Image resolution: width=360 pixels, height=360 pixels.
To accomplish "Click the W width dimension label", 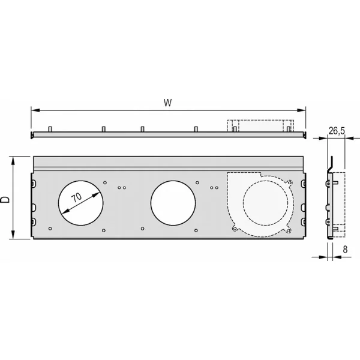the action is pyautogui.click(x=167, y=103).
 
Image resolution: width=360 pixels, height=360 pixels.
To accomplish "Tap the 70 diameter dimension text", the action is pyautogui.click(x=76, y=197).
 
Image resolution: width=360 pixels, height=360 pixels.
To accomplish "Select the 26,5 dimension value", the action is pyautogui.click(x=337, y=131).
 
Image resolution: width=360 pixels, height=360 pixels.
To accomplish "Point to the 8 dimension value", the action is pyautogui.click(x=345, y=250).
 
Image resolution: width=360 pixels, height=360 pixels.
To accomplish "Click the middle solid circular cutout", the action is pyautogui.click(x=173, y=203).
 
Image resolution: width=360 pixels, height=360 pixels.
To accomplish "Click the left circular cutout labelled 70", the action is pyautogui.click(x=81, y=203).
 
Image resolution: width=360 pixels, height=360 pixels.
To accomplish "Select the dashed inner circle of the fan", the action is pyautogui.click(x=265, y=203).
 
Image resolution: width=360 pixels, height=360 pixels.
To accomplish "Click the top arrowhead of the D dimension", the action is pyautogui.click(x=13, y=161).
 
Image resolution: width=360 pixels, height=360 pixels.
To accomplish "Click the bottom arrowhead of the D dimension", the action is pyautogui.click(x=13, y=235).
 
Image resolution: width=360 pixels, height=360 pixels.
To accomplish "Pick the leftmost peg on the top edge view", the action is pyautogui.click(x=50, y=129).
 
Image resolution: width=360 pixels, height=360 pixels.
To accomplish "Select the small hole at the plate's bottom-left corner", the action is pyautogui.click(x=50, y=229).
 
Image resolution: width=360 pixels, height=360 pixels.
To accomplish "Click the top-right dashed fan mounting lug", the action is pyautogui.click(x=290, y=182).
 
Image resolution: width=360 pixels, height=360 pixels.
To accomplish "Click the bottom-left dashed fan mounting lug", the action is pyautogui.click(x=235, y=228).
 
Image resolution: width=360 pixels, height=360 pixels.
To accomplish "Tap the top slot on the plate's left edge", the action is pyautogui.click(x=34, y=183).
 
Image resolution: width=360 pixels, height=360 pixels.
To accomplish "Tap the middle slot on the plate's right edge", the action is pyautogui.click(x=303, y=208).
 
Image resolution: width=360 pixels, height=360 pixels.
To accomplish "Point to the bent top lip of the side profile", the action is pyautogui.click(x=330, y=164).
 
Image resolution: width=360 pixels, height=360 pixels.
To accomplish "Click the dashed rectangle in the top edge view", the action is pyautogui.click(x=260, y=125).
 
